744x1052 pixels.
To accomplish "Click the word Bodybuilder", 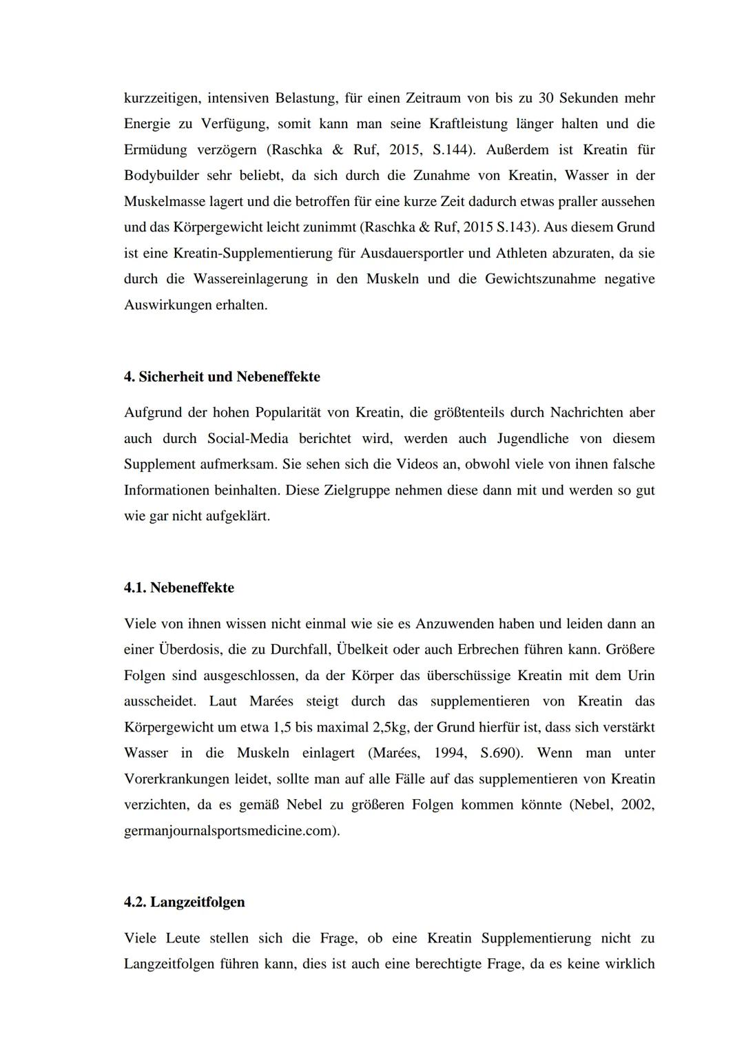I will click(x=161, y=176).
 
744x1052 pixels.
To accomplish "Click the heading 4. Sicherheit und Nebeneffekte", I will click(x=222, y=377).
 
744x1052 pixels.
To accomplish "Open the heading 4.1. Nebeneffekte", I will click(x=179, y=588).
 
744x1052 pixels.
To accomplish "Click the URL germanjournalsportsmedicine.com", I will click(x=231, y=831).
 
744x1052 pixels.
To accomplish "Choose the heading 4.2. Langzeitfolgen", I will click(x=185, y=902).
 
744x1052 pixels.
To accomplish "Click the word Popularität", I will click(x=301, y=413).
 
